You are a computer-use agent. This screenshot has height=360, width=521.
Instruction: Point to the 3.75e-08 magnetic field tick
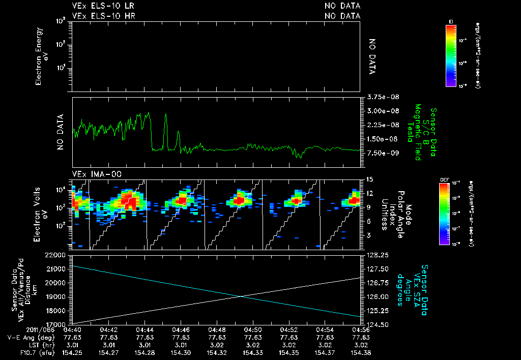pos(377,97)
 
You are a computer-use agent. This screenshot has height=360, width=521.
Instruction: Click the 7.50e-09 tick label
pos(377,153)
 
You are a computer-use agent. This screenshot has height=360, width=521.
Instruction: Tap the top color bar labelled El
pos(450,55)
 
